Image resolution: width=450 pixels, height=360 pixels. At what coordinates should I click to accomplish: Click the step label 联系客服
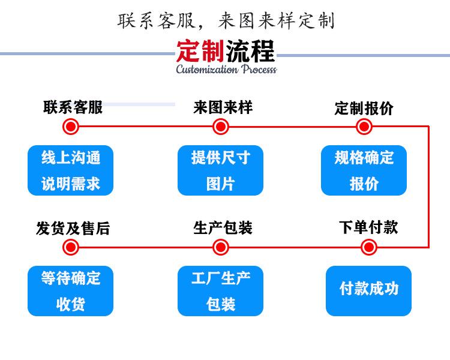[x=73, y=107]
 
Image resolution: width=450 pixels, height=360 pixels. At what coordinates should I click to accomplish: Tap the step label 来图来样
[x=223, y=107]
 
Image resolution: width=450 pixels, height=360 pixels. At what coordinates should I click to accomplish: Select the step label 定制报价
[x=364, y=109]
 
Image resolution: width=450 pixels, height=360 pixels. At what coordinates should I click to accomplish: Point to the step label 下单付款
[x=368, y=227]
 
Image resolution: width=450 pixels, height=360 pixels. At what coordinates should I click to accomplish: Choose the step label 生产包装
[x=223, y=228]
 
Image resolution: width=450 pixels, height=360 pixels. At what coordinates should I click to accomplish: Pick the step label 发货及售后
[x=73, y=229]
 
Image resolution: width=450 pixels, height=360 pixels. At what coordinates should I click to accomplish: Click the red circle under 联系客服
[x=71, y=127]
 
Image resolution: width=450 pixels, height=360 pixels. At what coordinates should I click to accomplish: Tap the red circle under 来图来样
[x=221, y=127]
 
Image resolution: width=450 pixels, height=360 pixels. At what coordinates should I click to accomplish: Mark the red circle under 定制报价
[x=364, y=127]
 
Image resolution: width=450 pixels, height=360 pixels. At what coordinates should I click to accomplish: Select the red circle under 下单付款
[x=369, y=247]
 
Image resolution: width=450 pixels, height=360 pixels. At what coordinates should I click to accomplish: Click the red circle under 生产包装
[x=221, y=247]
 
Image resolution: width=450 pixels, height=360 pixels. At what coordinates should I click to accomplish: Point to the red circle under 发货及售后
[x=71, y=247]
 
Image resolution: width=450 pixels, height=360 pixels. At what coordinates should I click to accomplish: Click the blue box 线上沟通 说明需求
[x=71, y=170]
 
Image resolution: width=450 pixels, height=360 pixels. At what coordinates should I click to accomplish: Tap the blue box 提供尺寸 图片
[x=220, y=170]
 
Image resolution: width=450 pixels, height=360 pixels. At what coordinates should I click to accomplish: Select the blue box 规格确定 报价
[x=364, y=170]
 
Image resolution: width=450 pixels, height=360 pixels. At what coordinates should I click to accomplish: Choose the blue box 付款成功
[x=369, y=291]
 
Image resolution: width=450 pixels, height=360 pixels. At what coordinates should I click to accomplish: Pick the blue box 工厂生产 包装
[x=220, y=291]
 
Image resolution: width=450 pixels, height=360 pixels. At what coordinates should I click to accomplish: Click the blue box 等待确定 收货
[x=71, y=291]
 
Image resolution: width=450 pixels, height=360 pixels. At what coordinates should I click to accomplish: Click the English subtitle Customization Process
[x=226, y=69]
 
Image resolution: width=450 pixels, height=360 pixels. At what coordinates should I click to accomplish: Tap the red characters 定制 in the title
[x=200, y=51]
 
